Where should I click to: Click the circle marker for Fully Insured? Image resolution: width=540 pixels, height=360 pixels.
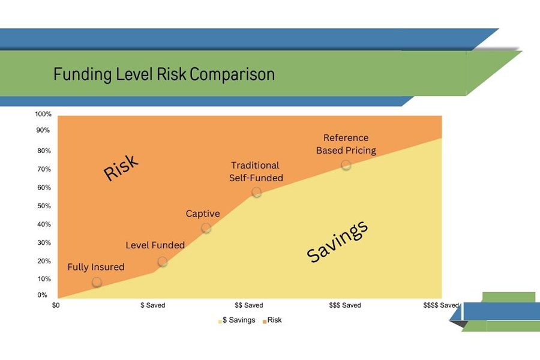[x=97, y=282]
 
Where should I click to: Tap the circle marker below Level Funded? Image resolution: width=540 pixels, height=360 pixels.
[x=163, y=262]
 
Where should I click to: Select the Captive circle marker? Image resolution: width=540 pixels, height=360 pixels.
[x=206, y=228]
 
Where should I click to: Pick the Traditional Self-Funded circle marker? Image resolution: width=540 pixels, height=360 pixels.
[x=257, y=193]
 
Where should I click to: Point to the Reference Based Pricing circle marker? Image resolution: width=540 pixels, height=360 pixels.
[x=346, y=165]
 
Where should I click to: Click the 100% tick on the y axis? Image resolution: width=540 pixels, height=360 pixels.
[x=43, y=114]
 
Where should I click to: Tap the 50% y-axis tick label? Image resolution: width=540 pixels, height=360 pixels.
[x=44, y=206]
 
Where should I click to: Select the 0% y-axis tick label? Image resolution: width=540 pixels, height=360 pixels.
[x=43, y=295]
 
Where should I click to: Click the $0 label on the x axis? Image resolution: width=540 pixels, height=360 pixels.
[x=56, y=305]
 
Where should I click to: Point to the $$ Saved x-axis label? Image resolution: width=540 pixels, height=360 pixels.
[x=249, y=305]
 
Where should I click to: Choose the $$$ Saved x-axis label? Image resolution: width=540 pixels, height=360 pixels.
[x=345, y=305]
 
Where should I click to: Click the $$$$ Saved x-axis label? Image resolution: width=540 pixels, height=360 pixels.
[x=441, y=305]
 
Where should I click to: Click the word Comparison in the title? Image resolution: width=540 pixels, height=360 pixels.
[x=232, y=75]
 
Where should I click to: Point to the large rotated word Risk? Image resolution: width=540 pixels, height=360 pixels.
[x=121, y=168]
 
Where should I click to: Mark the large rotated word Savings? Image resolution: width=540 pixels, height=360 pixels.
[x=337, y=242]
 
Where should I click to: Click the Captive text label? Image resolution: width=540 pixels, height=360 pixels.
[x=203, y=214]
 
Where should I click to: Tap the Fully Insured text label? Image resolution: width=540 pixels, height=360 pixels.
[x=96, y=267]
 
